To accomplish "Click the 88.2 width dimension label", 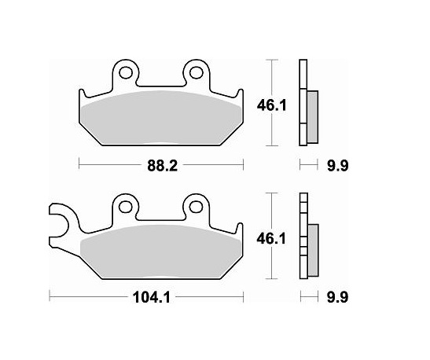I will click(x=162, y=165).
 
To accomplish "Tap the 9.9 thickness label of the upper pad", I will click(x=336, y=165).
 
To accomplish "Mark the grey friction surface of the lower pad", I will click(x=161, y=252).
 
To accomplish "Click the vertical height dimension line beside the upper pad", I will click(x=271, y=79).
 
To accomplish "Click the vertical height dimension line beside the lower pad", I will click(x=271, y=212).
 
